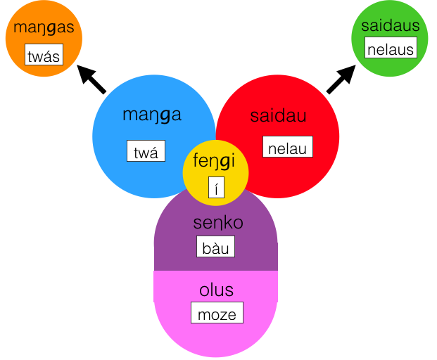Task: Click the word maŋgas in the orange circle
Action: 44,30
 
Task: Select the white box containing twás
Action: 43,56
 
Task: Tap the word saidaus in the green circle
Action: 391,25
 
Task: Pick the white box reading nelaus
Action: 391,49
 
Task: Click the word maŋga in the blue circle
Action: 152,115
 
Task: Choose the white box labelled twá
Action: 146,151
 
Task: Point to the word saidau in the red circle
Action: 278,117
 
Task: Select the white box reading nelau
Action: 287,147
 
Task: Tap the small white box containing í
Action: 216,188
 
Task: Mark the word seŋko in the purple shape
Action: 217,223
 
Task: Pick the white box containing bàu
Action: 215,247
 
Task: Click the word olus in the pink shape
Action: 216,290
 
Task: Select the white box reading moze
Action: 217,314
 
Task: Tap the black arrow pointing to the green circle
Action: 341,79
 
